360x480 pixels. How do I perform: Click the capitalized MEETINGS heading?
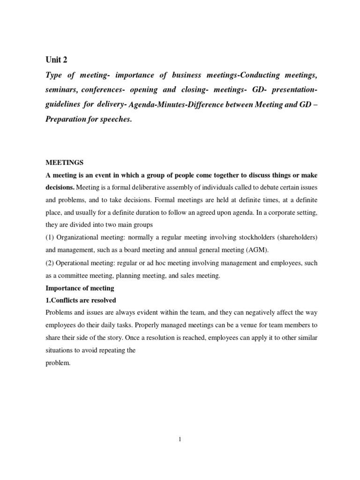[64, 163]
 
